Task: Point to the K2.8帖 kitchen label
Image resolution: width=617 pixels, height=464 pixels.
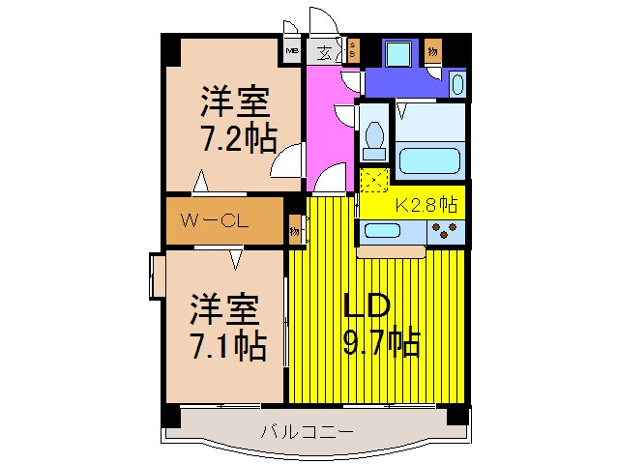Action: [426, 204]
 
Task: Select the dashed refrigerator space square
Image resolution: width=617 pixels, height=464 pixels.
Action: [373, 181]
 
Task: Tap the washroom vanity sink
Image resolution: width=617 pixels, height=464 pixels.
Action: [457, 83]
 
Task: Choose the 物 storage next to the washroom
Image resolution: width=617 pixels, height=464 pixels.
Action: [432, 49]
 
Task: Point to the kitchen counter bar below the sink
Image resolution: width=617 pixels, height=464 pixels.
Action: [391, 252]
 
